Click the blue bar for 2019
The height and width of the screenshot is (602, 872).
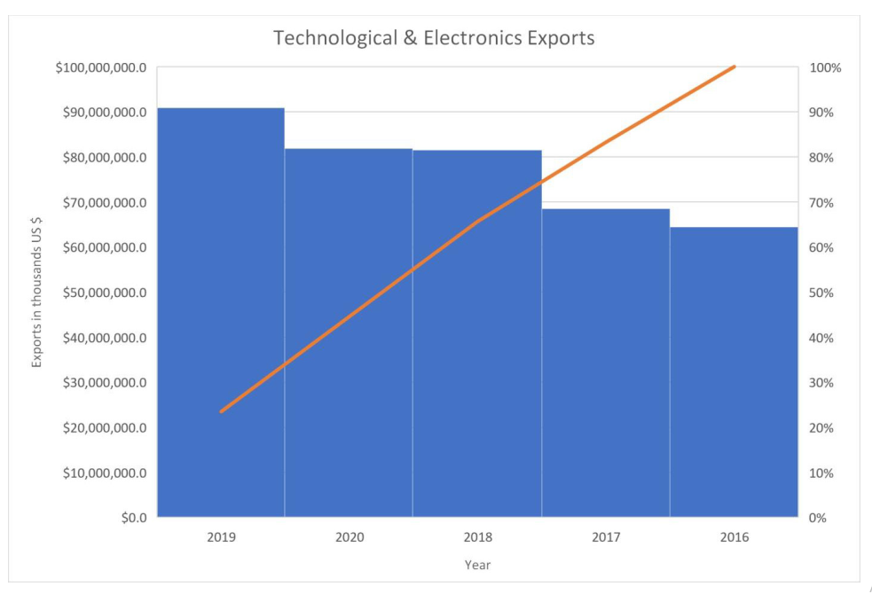pos(221,312)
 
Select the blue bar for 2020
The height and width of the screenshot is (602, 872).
pos(349,333)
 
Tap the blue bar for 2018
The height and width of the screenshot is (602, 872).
pos(477,333)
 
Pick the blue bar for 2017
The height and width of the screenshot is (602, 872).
pos(606,363)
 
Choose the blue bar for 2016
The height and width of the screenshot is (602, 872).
pos(735,371)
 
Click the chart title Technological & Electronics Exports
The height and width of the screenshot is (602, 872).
pos(434,38)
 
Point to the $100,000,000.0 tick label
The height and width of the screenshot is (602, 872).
pos(101,67)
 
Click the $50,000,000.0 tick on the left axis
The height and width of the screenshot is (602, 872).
pos(105,293)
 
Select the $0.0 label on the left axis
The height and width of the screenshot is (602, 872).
pos(134,518)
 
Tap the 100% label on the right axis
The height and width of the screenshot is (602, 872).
pos(825,67)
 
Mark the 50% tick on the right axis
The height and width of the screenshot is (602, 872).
pos(821,293)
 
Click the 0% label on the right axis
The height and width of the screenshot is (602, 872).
pos(818,518)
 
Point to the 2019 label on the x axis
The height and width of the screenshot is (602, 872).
pos(222,537)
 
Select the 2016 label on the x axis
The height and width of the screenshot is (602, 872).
pos(735,537)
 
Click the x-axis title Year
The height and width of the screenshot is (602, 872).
pos(478,565)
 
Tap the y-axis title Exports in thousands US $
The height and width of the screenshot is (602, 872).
pos(36,293)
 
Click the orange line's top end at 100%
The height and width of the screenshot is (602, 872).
pos(735,66)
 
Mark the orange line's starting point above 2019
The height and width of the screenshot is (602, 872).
pos(222,411)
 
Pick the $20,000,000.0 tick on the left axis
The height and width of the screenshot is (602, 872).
pos(105,428)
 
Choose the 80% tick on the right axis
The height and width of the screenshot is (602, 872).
pos(821,158)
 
